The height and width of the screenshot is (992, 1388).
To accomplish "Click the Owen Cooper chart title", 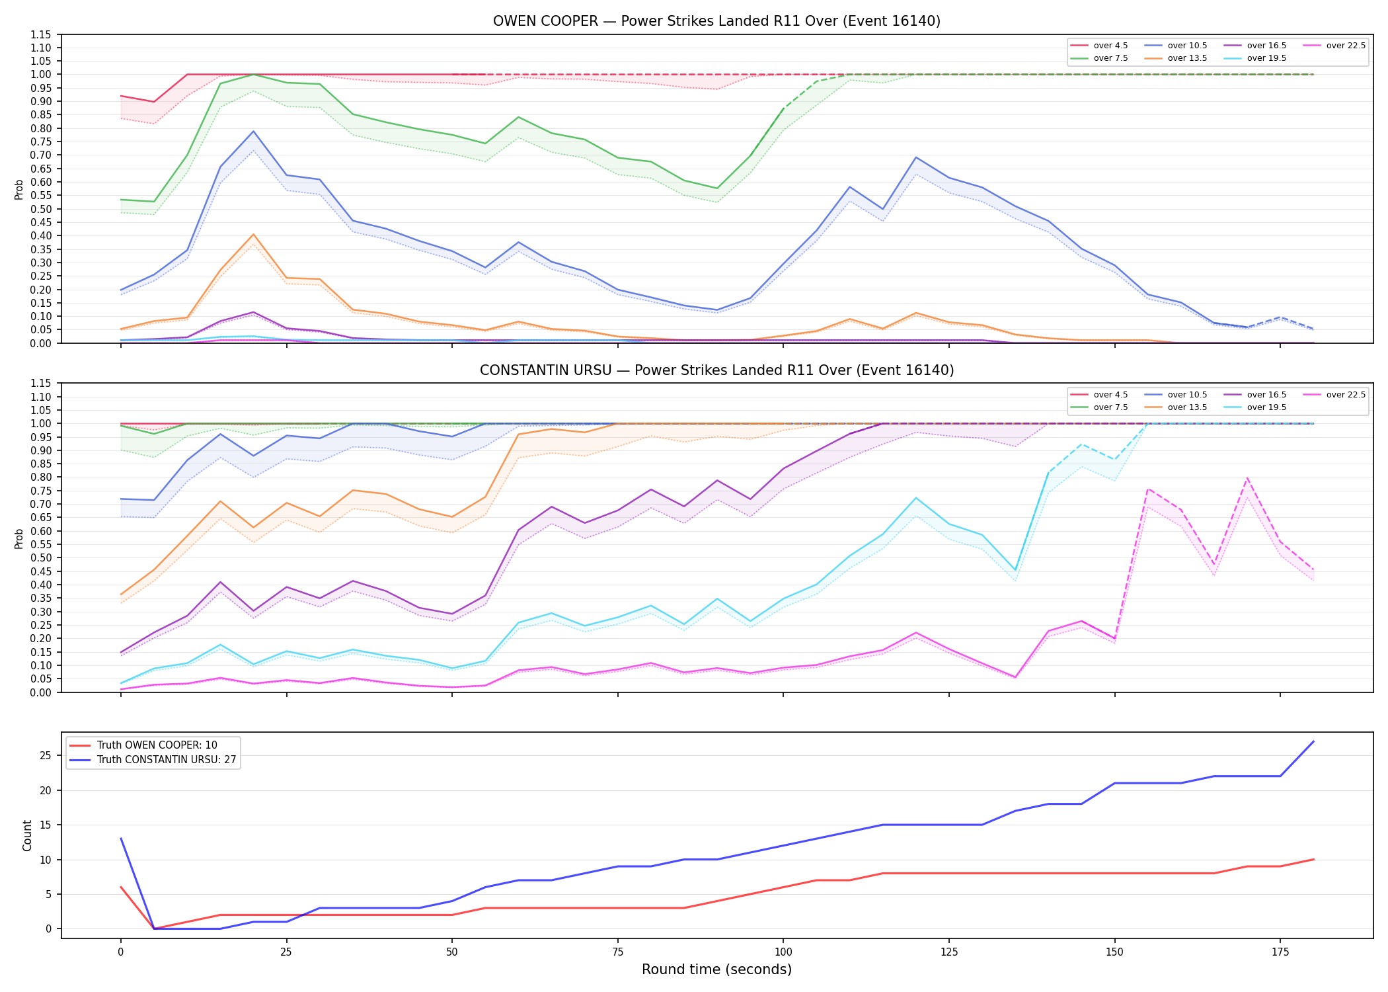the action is [716, 21].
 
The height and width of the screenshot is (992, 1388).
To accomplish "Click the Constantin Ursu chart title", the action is [716, 370].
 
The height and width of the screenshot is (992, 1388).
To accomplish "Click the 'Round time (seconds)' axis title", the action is [716, 970].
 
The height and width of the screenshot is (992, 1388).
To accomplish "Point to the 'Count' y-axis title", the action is [27, 835].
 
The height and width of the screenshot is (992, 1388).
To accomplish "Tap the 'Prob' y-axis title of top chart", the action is [19, 189].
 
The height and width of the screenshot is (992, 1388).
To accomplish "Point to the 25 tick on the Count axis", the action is [46, 756].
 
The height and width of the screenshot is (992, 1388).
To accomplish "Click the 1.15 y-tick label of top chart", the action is [42, 34].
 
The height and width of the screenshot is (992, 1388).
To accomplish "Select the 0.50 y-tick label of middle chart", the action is [42, 558].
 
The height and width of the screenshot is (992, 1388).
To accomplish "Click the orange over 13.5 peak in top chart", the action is [253, 234].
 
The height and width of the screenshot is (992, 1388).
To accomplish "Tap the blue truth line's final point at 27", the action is [1313, 741].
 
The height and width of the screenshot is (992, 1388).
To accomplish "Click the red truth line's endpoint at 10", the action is [1313, 860].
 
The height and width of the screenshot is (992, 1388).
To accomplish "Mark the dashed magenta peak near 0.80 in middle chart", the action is [1247, 477].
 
